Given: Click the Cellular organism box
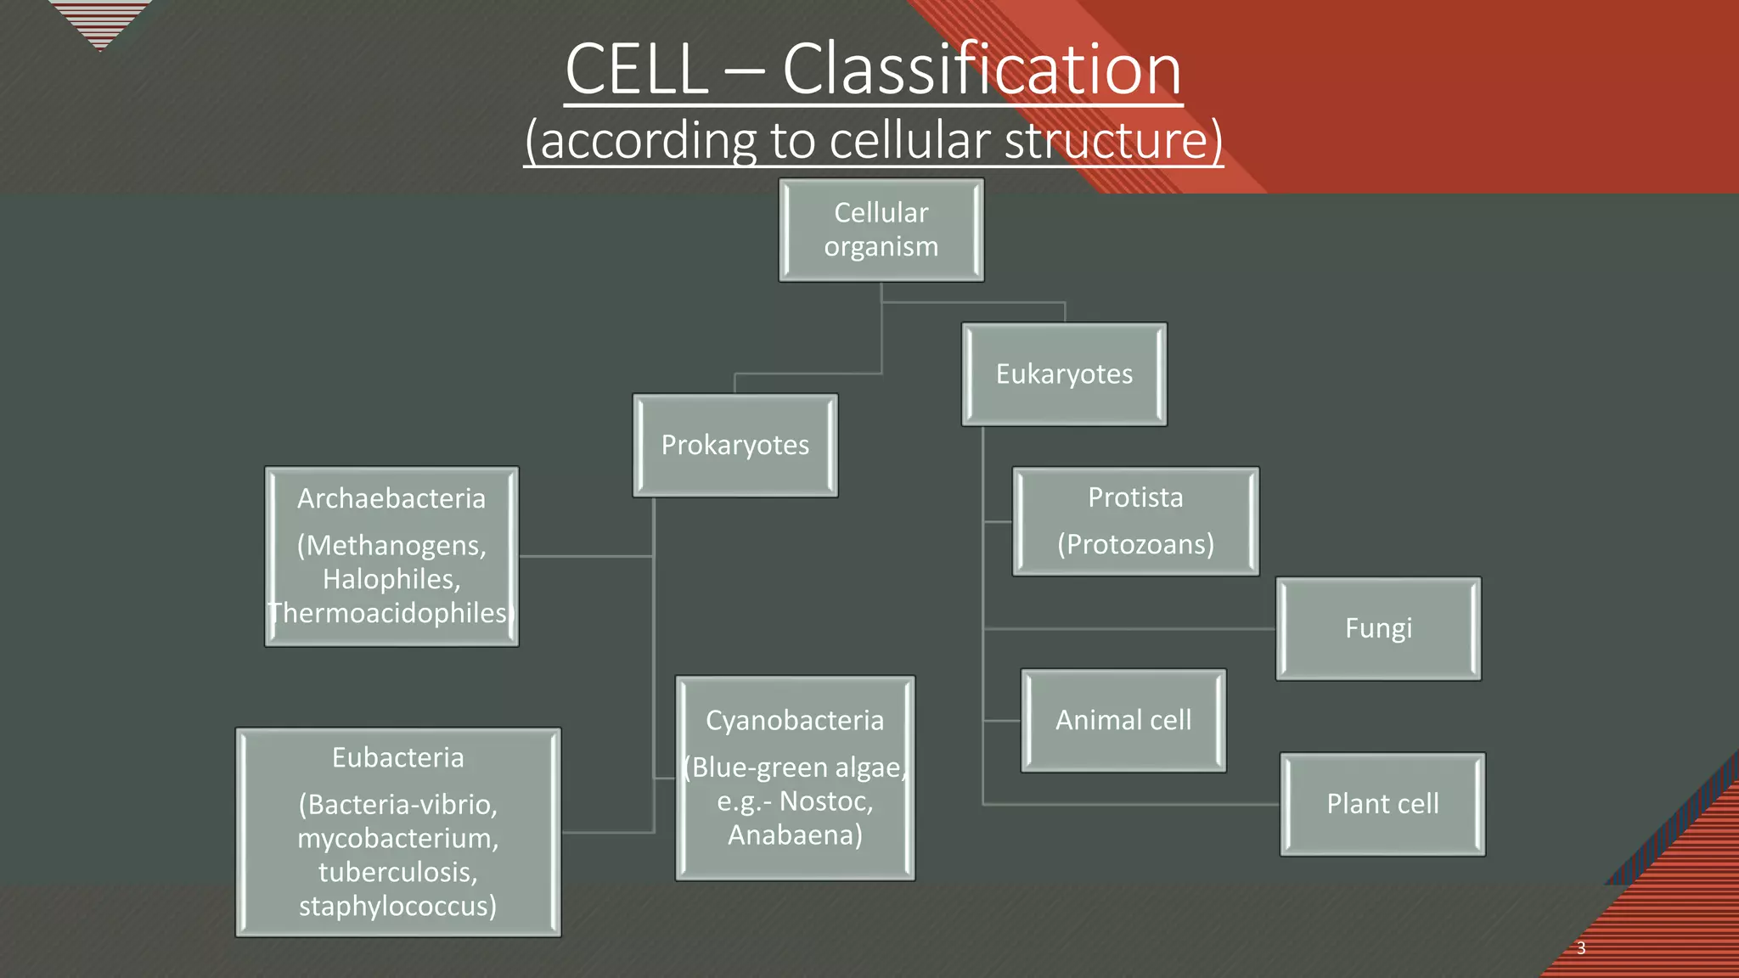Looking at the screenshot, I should tap(881, 230).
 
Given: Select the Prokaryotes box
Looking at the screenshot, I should tap(735, 445).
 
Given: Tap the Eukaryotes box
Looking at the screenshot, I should tap(1064, 374).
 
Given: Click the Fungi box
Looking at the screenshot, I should tap(1378, 629).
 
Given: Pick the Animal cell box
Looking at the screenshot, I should tap(1123, 721).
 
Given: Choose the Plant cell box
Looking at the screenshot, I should tap(1382, 804).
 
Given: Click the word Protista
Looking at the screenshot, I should tap(1135, 497).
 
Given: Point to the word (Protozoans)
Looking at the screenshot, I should tap(1135, 544).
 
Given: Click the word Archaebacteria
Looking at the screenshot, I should tap(391, 499).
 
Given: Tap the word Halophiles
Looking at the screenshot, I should tap(391, 580).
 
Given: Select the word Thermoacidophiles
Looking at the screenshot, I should tap(391, 614).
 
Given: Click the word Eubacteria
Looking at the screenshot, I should tap(397, 758).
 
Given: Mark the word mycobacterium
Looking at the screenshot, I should tap(397, 839).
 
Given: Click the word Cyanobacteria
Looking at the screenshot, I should tap(795, 721).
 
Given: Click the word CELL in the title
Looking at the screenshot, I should tap(637, 70).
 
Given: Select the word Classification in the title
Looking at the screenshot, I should tap(982, 70).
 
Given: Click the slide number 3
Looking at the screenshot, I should tap(1581, 948).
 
